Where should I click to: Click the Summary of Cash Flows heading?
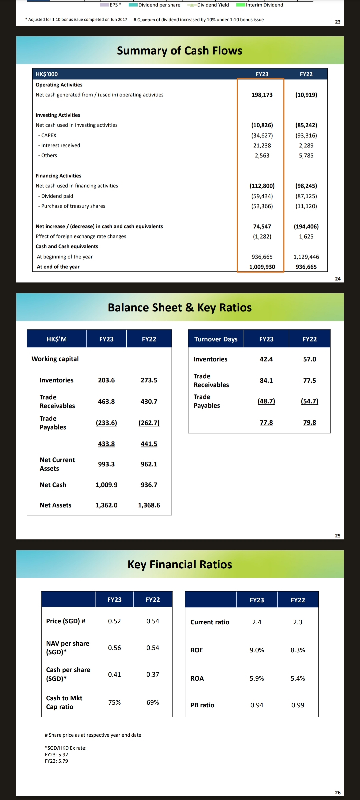point(179,51)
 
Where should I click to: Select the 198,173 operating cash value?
point(262,95)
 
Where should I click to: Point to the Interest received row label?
point(60,145)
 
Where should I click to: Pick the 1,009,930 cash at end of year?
point(262,267)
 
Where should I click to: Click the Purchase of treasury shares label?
point(73,206)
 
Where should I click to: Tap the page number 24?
point(338,279)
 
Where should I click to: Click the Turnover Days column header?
point(216,339)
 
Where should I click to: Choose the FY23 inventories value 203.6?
point(106,380)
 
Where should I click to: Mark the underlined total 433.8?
point(106,444)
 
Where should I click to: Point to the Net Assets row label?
point(55,505)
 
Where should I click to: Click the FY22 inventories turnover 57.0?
point(309,359)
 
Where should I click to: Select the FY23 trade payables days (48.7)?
point(266,401)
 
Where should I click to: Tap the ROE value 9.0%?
point(257,650)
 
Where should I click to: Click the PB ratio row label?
point(202,705)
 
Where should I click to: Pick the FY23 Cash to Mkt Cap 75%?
point(114,702)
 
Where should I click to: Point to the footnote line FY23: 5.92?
point(56,755)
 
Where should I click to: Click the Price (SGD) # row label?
point(66,621)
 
